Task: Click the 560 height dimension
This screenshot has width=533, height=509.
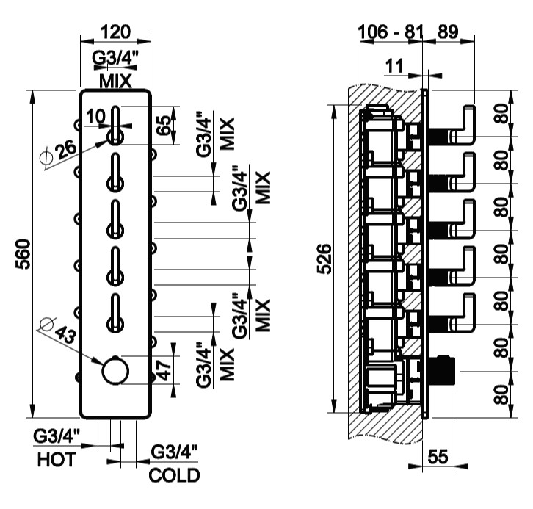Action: [21, 253]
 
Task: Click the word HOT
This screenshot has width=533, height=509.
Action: [56, 461]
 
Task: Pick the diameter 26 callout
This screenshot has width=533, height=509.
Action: [59, 149]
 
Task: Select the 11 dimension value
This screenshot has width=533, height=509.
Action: [394, 66]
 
